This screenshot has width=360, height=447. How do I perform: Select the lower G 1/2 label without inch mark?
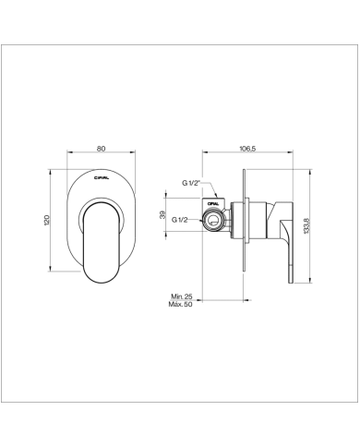click(182, 219)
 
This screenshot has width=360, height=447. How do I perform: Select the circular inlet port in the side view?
click(215, 220)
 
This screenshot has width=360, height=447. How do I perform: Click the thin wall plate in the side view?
click(244, 223)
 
